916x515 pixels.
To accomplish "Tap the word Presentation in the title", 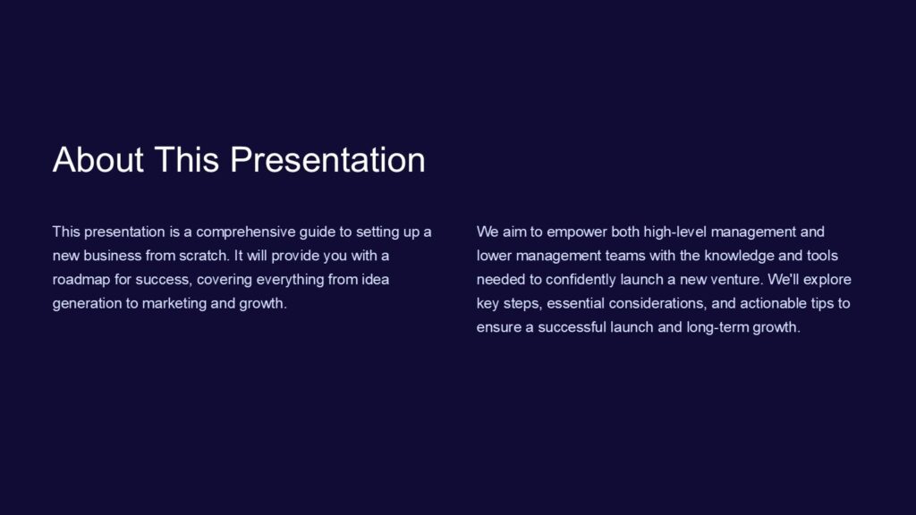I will pos(327,160).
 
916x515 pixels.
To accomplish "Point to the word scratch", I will pos(204,256).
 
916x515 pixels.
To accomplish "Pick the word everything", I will pos(271,279).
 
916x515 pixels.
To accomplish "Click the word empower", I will pos(577,232).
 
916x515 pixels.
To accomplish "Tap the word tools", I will pos(822,256).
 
